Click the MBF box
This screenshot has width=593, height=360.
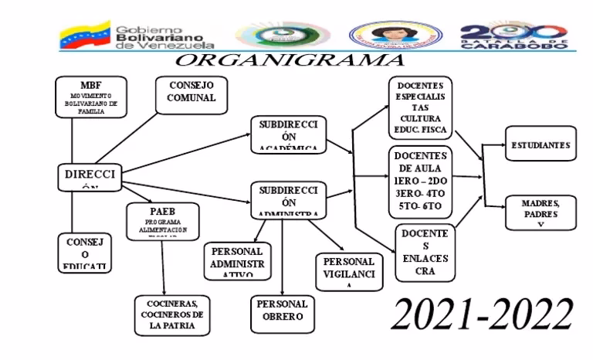(x=91, y=97)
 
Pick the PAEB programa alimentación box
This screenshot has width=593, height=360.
(x=164, y=222)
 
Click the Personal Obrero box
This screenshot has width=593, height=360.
(x=282, y=311)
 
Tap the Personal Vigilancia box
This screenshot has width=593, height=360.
(x=349, y=271)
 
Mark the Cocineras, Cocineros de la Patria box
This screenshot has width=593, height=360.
(x=173, y=314)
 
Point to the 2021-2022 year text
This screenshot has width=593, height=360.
(x=483, y=313)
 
